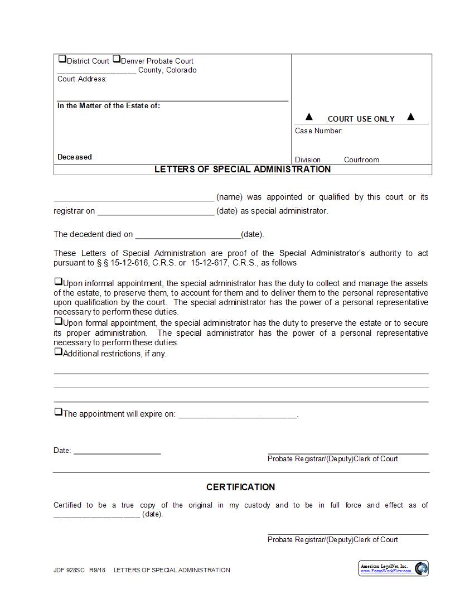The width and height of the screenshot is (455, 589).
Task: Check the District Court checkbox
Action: point(62,59)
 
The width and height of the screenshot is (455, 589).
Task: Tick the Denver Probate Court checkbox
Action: point(117,59)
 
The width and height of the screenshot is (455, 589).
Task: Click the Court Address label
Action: point(82,79)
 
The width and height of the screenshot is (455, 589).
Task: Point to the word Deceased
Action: point(75,157)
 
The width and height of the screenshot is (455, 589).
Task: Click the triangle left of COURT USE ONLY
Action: point(309,117)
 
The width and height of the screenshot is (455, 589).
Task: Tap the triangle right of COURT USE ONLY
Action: point(411,117)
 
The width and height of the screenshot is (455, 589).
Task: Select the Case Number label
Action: point(318,131)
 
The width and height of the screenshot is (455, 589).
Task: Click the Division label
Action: point(308,160)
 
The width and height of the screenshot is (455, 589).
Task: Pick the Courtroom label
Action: point(361,160)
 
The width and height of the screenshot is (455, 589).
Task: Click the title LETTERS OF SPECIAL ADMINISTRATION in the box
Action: point(243,170)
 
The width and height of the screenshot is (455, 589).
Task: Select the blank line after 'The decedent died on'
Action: point(188,235)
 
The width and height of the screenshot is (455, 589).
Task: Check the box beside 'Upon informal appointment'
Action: point(58,282)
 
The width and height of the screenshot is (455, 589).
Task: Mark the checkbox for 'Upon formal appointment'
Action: point(58,322)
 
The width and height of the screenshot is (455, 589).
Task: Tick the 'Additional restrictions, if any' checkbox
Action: point(58,352)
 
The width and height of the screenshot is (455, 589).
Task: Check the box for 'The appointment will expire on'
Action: point(58,412)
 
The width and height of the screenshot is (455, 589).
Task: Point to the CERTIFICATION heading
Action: point(240,487)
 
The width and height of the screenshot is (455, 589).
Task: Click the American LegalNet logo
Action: point(394,568)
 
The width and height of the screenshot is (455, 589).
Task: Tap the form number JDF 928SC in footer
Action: point(66,571)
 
